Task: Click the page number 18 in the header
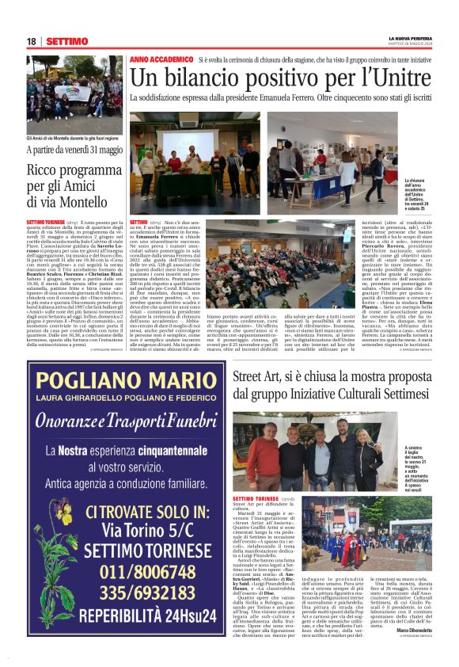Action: pos(32,41)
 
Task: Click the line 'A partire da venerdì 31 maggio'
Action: pos(74,150)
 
